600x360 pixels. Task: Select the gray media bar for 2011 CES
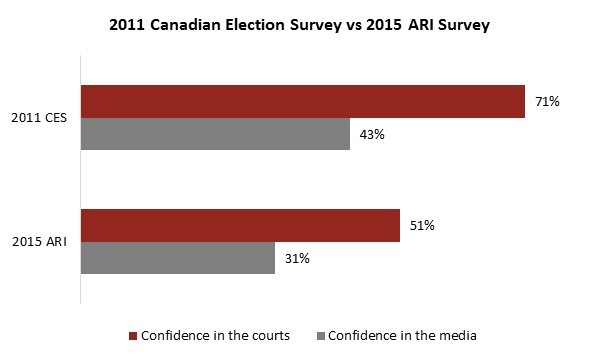[x=215, y=134]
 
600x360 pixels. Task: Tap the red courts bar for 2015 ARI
[x=240, y=226]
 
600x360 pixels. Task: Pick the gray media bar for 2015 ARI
[x=177, y=258]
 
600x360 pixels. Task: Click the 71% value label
[x=548, y=102]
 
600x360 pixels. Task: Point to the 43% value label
[x=372, y=135]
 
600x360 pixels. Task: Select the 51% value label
[x=422, y=226]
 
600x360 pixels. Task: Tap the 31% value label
[x=297, y=258]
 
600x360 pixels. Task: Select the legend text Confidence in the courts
[x=216, y=335]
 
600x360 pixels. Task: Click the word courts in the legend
[x=270, y=335]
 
